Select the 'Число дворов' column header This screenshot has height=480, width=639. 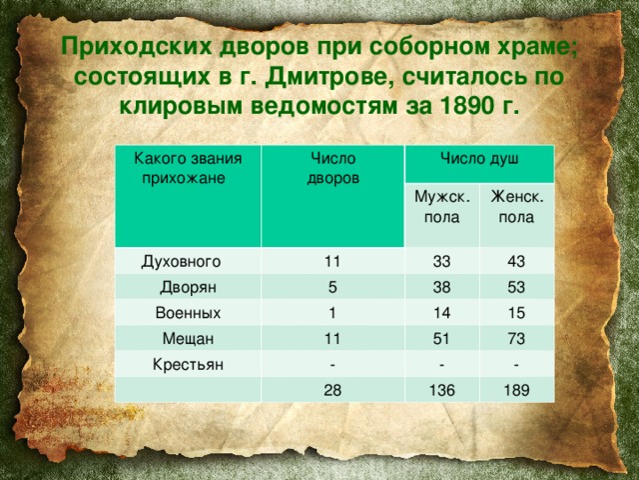coord(331,168)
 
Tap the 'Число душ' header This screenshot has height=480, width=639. coord(479,163)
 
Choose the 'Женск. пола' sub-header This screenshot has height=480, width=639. coord(515,207)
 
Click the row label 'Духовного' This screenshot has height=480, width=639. coord(181,262)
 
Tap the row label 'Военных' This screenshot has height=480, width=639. coord(189,312)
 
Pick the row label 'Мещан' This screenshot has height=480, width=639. coord(188,337)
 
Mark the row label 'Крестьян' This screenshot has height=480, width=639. coord(187,362)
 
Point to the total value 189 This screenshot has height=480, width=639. coord(516,390)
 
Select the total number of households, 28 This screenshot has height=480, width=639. coord(331,389)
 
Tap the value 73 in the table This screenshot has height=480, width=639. coord(517,338)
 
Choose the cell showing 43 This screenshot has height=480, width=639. coord(517,260)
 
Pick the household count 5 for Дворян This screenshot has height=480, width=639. coord(331,285)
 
